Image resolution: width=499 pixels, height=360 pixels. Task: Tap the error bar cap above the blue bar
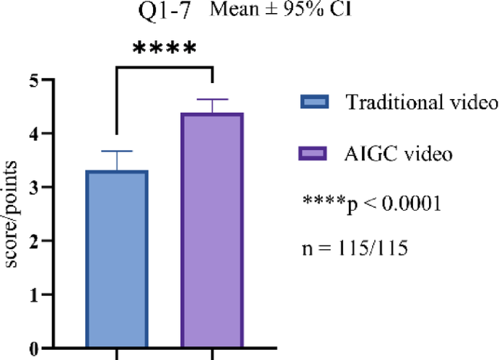click(x=117, y=152)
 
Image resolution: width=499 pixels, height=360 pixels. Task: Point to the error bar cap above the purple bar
click(x=212, y=100)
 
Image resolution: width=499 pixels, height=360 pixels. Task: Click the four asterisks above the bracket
click(x=164, y=50)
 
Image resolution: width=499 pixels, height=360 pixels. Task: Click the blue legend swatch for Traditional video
click(x=315, y=101)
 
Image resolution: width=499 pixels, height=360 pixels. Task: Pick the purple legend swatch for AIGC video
click(x=315, y=154)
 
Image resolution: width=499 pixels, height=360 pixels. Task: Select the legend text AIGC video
click(x=399, y=154)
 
